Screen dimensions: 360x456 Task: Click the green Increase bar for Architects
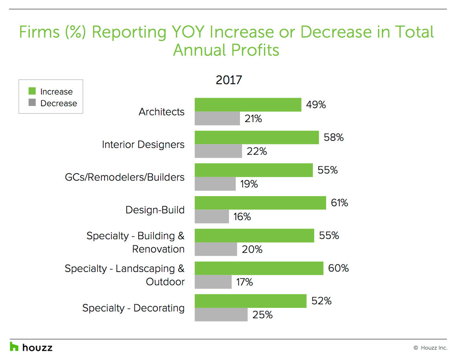coord(248,105)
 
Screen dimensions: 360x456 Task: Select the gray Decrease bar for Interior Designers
coord(218,151)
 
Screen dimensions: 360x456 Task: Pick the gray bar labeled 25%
coord(221,315)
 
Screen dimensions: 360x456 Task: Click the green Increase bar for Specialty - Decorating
coord(251,301)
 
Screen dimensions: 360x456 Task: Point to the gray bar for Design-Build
coord(212,216)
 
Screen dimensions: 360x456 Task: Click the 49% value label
coord(316,105)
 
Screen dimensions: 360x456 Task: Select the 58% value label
coord(333,138)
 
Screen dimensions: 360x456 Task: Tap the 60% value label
coord(338,268)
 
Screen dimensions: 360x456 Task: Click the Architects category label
coord(161,112)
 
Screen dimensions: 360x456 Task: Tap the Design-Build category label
coord(155,210)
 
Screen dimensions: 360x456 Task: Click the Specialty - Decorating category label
coord(133,308)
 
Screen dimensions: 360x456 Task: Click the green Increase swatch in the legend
coord(32,92)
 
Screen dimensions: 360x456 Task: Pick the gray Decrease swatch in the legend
coord(32,104)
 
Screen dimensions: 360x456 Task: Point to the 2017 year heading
coord(229,80)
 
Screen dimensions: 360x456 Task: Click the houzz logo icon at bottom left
coord(14,347)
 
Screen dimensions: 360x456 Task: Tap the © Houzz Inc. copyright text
coord(430,348)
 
